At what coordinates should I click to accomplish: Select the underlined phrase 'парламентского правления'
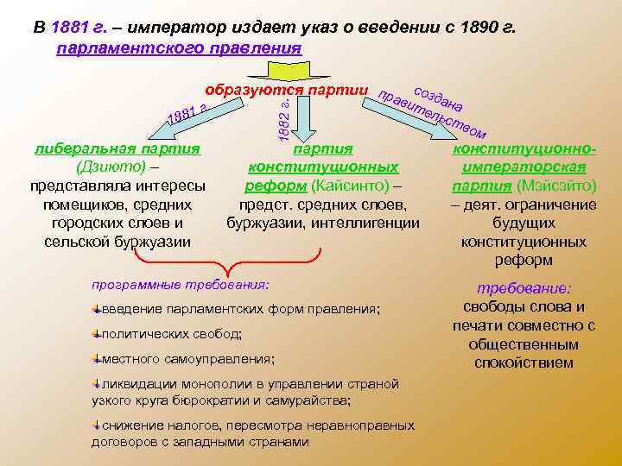click(x=179, y=48)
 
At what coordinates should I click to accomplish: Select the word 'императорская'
click(x=524, y=167)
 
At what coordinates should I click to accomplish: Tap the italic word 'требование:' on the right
click(x=524, y=289)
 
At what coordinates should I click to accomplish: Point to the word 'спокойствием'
click(x=524, y=362)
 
